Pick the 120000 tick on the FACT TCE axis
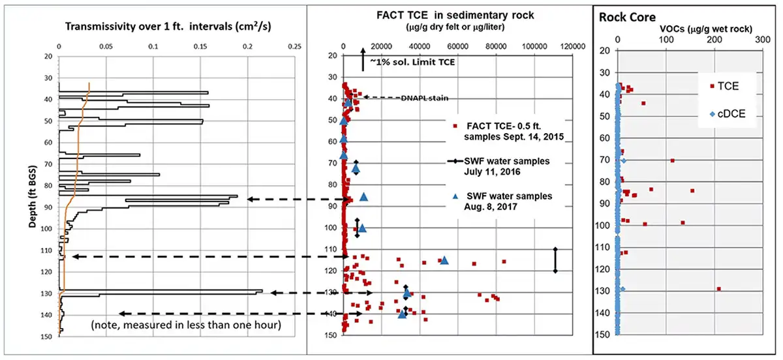pos(574,47)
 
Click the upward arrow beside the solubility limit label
pos(363,60)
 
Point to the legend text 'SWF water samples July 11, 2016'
pos(506,167)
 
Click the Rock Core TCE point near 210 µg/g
pos(718,288)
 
